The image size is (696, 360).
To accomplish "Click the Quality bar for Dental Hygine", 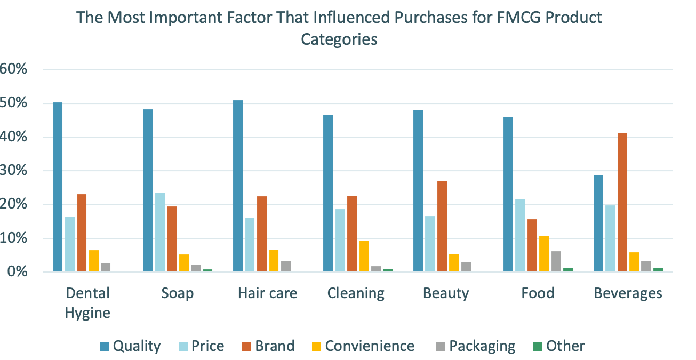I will click(x=58, y=187).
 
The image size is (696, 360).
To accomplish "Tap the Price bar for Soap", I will click(x=159, y=233).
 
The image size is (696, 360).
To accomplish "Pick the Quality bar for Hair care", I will click(x=238, y=186).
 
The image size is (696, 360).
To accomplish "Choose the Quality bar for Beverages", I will click(x=598, y=223).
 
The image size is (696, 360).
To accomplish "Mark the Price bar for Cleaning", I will click(x=340, y=241).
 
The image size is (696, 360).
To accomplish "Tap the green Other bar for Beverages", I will click(x=658, y=270).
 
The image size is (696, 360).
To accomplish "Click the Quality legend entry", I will click(x=130, y=346).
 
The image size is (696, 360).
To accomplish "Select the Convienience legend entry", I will click(x=363, y=346).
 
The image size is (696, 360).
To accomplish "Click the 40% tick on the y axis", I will click(x=14, y=137).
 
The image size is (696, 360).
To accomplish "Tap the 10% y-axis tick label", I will click(x=14, y=238).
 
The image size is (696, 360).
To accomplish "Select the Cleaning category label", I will click(x=356, y=293).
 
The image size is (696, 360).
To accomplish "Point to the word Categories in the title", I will click(x=339, y=39).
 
